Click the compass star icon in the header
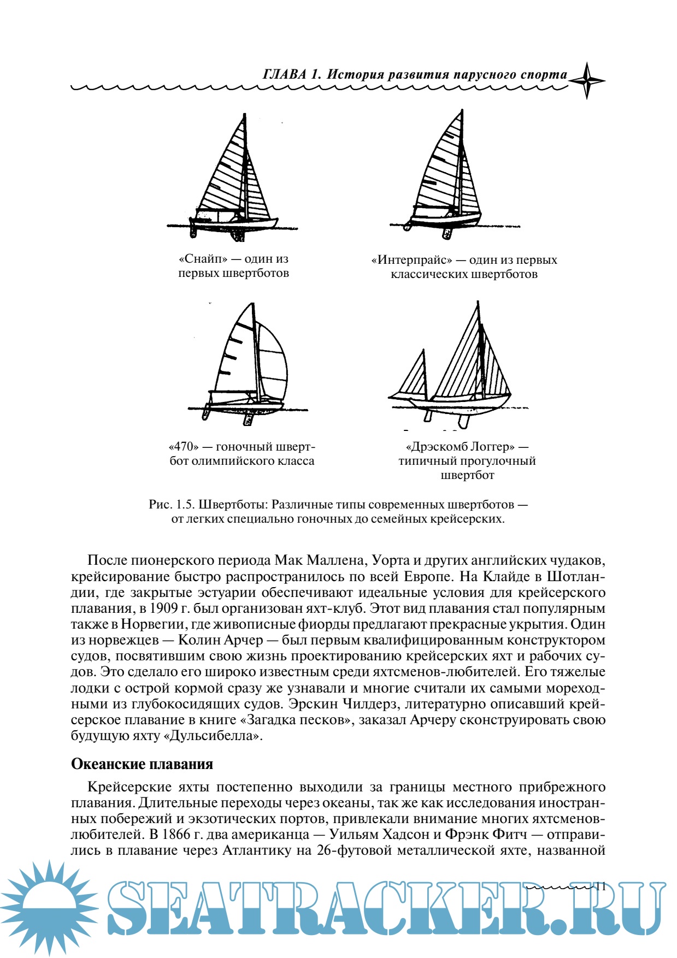tap(586, 80)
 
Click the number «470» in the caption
tap(183, 447)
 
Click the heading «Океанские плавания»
tap(142, 764)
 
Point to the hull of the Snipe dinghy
tap(235, 224)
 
